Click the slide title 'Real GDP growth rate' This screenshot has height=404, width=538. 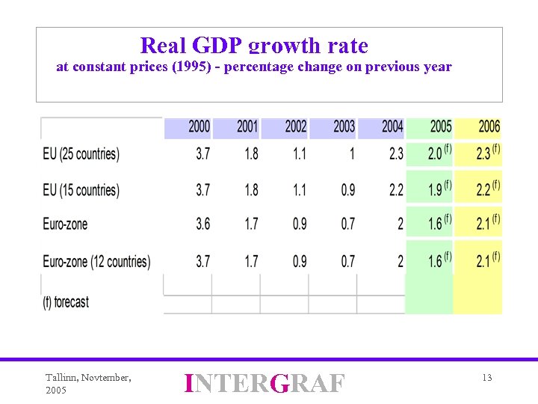point(254,46)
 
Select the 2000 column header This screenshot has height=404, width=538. point(199,127)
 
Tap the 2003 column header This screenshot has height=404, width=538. point(344,127)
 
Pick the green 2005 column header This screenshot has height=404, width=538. point(441,127)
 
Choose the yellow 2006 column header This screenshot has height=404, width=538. point(489,127)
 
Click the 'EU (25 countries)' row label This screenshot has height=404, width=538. point(81,154)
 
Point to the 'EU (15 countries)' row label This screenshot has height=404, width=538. point(81,190)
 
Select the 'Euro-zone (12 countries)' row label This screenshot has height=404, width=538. point(96,262)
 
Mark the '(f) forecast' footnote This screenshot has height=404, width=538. point(66,302)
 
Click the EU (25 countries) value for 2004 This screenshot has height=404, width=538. point(396,154)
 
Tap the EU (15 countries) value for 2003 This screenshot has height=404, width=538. point(348,190)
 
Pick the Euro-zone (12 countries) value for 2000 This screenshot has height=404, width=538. point(202,262)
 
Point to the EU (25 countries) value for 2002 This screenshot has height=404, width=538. point(299,154)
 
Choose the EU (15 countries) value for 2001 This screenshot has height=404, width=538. point(251,190)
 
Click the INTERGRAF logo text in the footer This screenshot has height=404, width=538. point(265,383)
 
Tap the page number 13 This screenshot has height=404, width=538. point(486,378)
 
